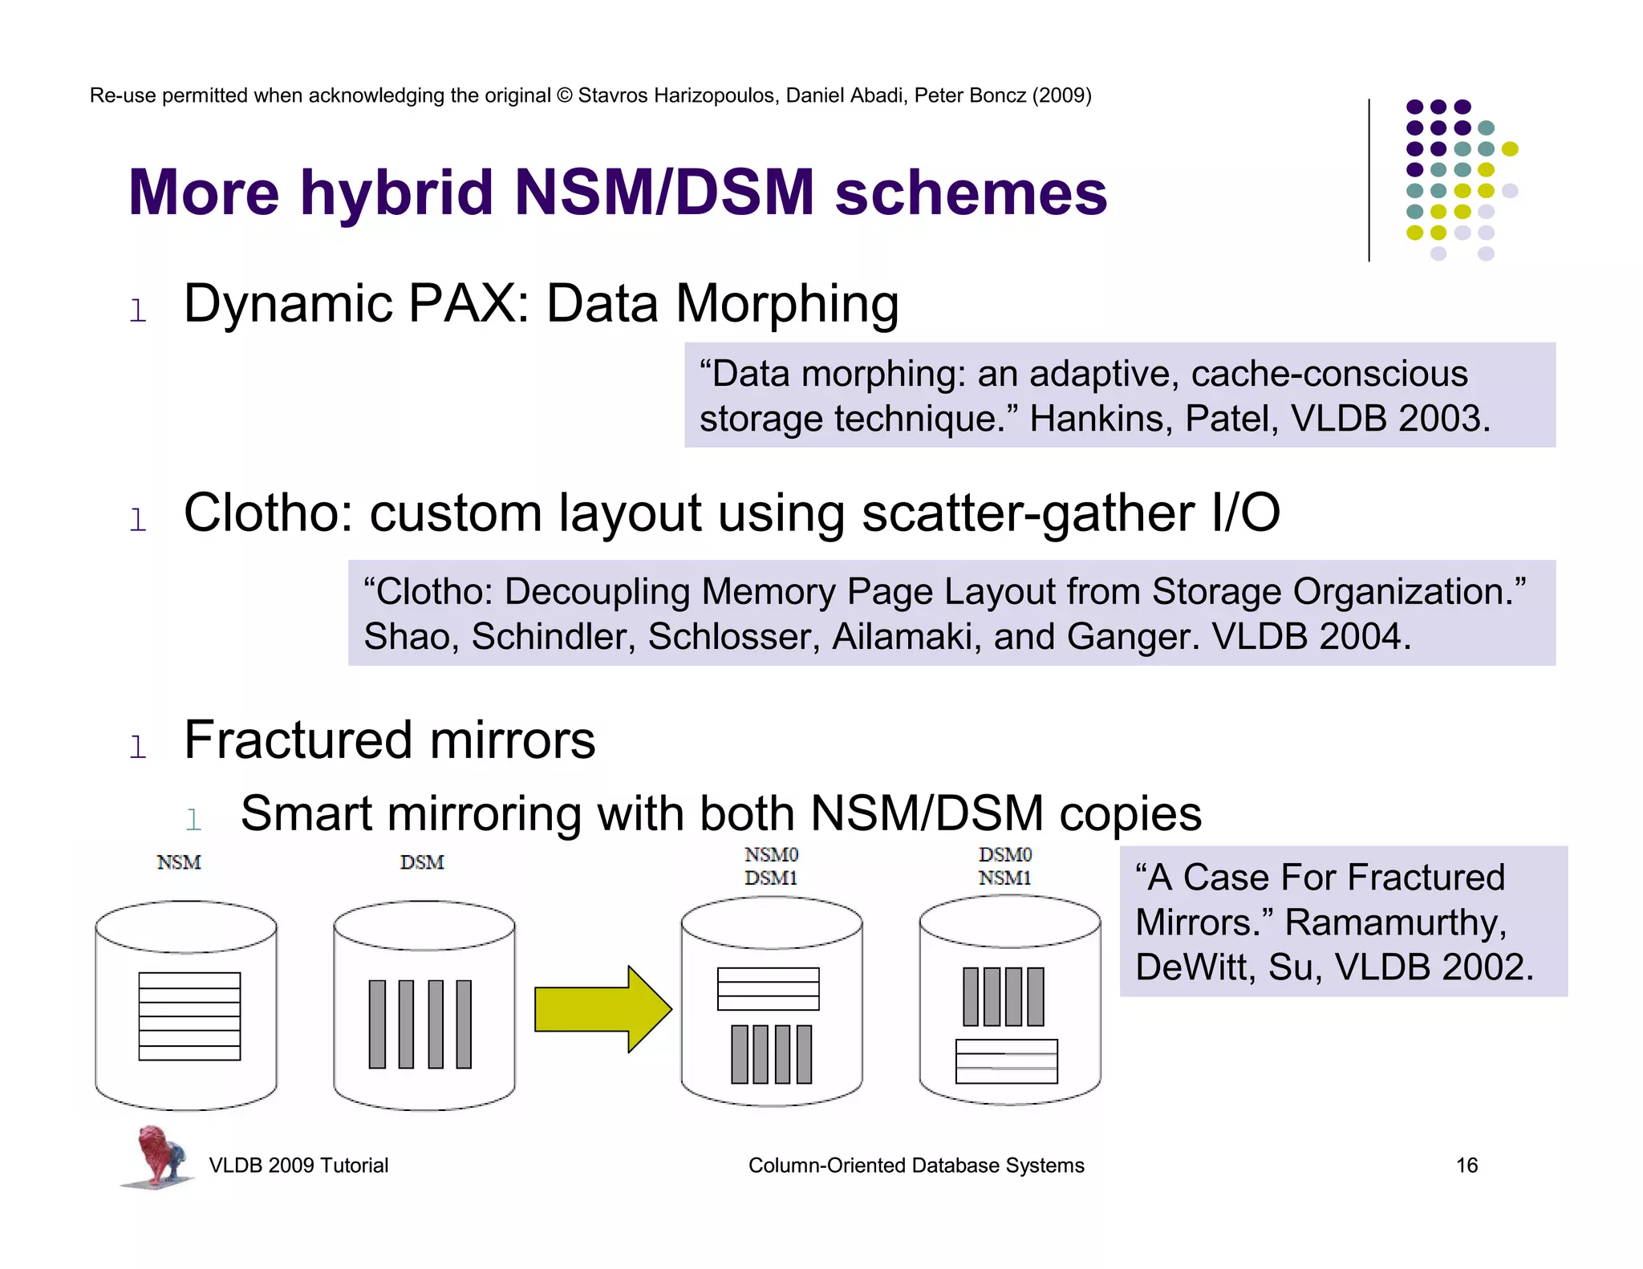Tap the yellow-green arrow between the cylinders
[602, 1009]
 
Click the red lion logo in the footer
[157, 1155]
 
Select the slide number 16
[1467, 1166]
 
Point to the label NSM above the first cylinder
[179, 862]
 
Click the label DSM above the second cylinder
[422, 862]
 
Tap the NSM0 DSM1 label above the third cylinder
[771, 866]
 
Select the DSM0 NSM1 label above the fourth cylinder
[1005, 866]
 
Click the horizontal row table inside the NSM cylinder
[189, 1016]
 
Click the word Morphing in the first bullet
[786, 304]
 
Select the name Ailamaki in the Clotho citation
[907, 637]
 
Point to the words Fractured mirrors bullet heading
[389, 740]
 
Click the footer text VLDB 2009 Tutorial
[298, 1166]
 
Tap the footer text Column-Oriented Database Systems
[916, 1166]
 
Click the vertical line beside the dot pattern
[1369, 180]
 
